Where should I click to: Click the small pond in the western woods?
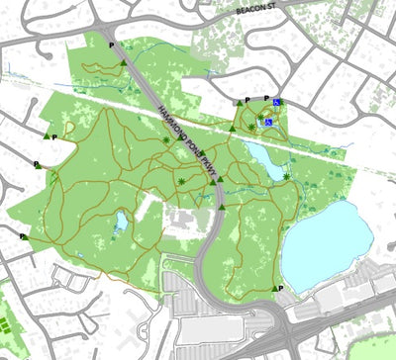click(x=120, y=222)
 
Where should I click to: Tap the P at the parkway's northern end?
click(x=112, y=45)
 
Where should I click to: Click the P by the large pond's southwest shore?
click(x=282, y=288)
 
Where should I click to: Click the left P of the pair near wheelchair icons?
click(x=247, y=100)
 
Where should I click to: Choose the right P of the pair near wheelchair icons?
click(x=266, y=98)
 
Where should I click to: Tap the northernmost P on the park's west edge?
click(x=53, y=136)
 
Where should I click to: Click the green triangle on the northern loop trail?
click(x=122, y=62)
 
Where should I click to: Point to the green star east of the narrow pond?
click(x=287, y=176)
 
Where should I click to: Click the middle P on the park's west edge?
click(x=37, y=164)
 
